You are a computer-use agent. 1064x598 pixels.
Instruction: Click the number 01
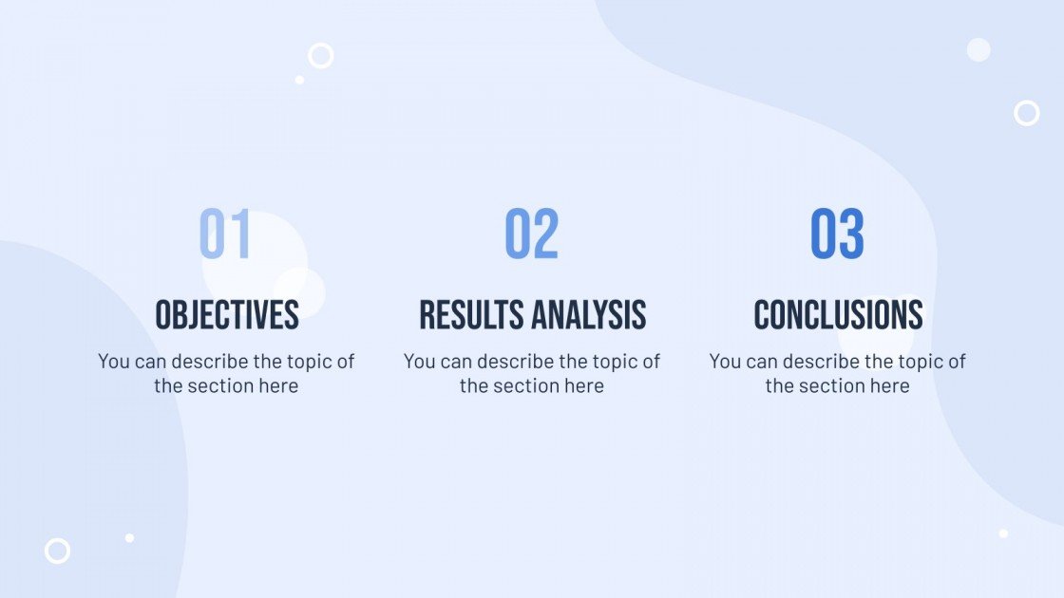pos(225,234)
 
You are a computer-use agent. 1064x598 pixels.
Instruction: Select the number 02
pos(531,234)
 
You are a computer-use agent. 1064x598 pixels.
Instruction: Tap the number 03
pos(837,234)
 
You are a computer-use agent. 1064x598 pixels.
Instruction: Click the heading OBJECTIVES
pos(227,315)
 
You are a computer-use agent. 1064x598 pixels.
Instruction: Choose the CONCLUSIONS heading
pos(838,315)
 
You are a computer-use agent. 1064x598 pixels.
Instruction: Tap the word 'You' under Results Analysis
pos(419,362)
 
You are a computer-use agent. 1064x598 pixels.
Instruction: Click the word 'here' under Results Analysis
pos(583,386)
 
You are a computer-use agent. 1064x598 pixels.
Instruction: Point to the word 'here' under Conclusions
pos(889,386)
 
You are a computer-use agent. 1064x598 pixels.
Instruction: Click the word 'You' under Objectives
pos(113,362)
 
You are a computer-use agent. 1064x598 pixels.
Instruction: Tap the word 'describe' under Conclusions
pos(822,362)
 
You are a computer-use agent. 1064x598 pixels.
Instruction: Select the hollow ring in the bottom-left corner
pos(58,551)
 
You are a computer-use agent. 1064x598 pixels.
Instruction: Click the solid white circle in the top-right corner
pos(978,50)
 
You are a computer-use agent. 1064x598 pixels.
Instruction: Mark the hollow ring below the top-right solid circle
pos(1026,113)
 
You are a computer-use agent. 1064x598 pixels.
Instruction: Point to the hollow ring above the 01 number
pos(321,56)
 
